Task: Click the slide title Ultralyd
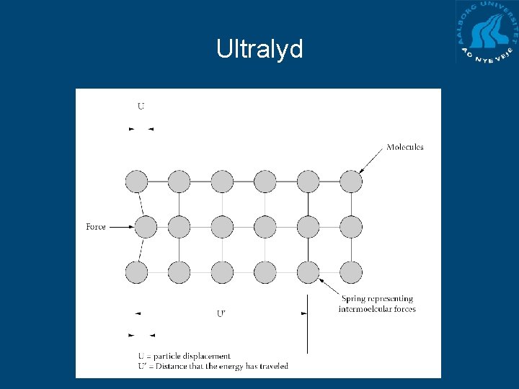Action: (x=259, y=49)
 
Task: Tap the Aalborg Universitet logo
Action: (x=487, y=32)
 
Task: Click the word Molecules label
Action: (x=404, y=147)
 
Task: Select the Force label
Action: (x=96, y=227)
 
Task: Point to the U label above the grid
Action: (x=141, y=107)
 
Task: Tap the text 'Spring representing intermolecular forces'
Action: (x=377, y=304)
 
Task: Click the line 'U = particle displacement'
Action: (x=185, y=356)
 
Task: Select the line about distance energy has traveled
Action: (x=213, y=366)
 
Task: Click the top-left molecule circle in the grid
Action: (x=136, y=181)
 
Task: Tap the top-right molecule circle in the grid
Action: (x=351, y=181)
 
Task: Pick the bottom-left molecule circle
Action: (x=136, y=272)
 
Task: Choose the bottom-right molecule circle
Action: (x=351, y=272)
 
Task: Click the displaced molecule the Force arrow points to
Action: (x=146, y=227)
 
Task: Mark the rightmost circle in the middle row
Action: (x=351, y=227)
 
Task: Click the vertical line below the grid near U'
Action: (x=308, y=324)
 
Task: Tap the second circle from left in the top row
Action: (x=179, y=181)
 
